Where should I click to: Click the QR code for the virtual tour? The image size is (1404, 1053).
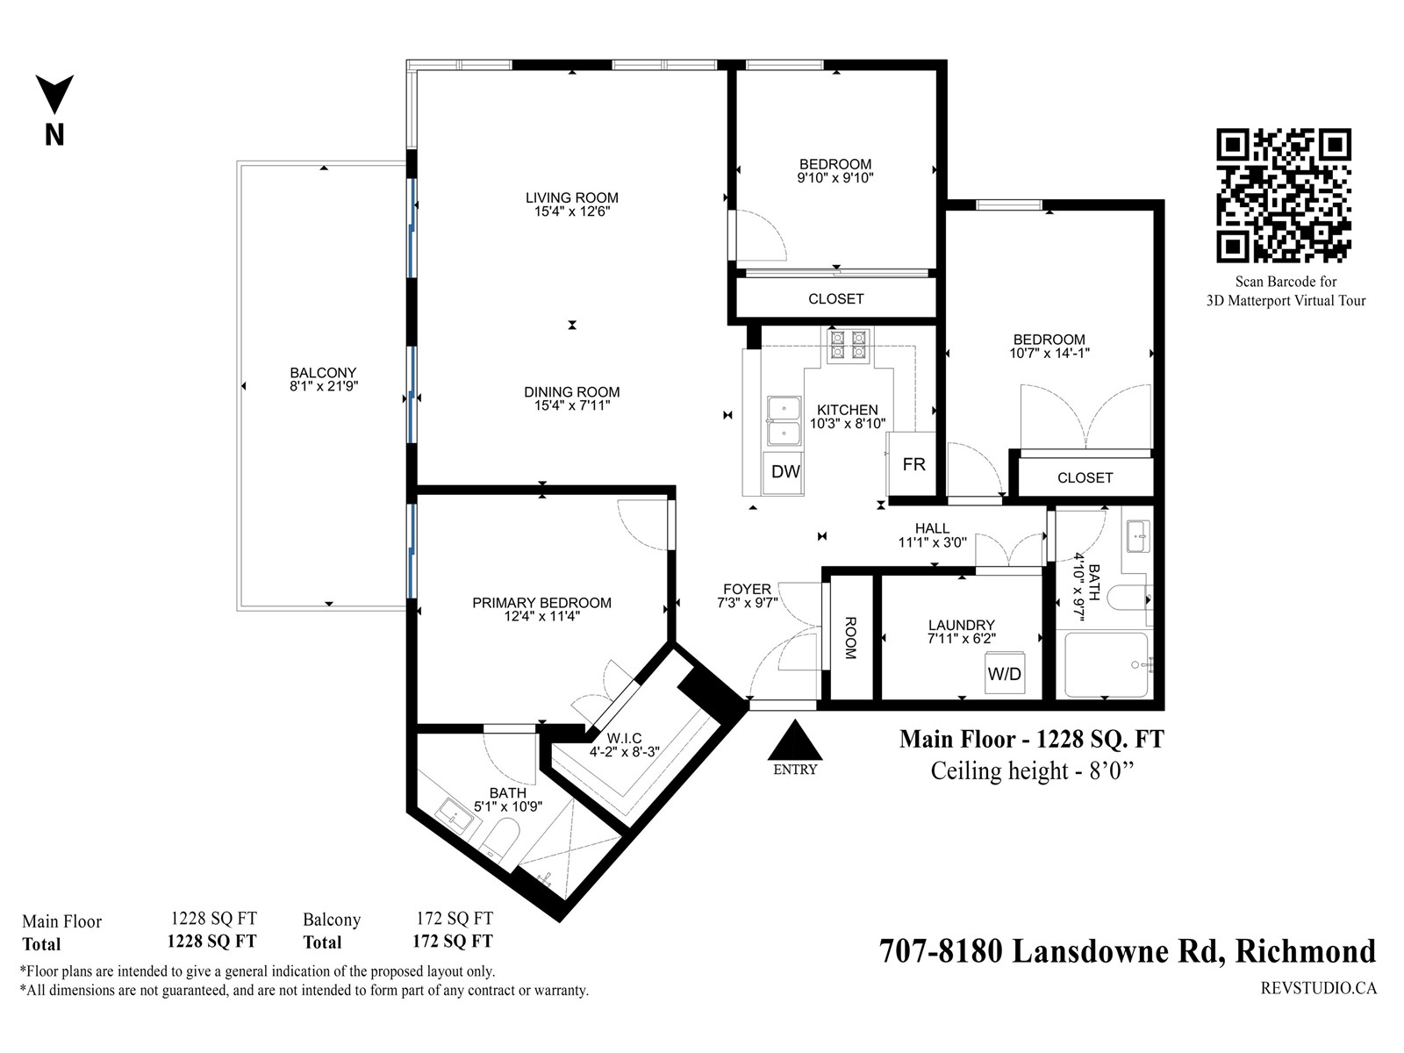[x=1283, y=195]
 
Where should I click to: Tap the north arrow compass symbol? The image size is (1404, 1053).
[x=54, y=95]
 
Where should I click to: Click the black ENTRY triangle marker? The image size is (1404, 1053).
[x=794, y=740]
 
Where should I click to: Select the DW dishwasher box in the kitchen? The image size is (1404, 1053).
[x=784, y=472]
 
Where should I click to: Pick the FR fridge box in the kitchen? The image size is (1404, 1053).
[x=912, y=464]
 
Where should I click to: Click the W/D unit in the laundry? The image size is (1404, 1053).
[x=1005, y=672]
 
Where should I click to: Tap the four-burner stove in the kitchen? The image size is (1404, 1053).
[x=849, y=345]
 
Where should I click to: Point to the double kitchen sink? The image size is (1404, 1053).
[x=784, y=421]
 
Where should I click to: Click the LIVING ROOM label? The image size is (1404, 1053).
[x=572, y=198]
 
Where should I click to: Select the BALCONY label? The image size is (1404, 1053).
[x=323, y=373]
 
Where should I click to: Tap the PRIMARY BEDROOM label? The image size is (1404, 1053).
[x=541, y=603]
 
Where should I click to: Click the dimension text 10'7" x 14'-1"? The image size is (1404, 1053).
[x=1049, y=353]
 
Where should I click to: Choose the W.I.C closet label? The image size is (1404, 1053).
[x=624, y=739]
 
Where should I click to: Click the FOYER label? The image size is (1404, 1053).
[x=747, y=589]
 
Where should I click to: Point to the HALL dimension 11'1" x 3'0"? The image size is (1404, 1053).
[x=932, y=542]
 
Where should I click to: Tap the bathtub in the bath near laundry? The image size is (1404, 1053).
[x=1107, y=664]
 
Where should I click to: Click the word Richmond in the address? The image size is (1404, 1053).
[x=1305, y=951]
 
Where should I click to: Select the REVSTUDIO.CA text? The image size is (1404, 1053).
[x=1318, y=988]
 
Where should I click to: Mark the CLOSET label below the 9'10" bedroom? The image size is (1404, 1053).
[x=836, y=299]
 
